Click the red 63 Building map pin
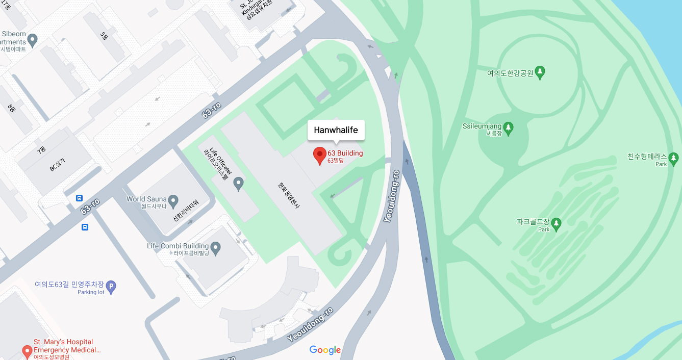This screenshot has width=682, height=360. (x=319, y=155)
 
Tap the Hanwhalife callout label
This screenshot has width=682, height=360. (x=336, y=130)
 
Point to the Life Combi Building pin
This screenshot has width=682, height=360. (x=216, y=248)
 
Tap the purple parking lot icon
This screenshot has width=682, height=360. (x=111, y=287)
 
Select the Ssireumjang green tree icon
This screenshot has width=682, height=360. (x=508, y=126)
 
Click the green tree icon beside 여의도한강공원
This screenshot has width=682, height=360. (x=540, y=72)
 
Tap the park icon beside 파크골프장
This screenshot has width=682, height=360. (x=556, y=223)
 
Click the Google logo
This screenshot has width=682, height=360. (x=325, y=350)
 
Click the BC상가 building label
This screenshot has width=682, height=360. (x=57, y=164)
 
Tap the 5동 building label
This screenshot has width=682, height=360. (x=104, y=36)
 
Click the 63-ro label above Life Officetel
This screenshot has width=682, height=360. (x=211, y=111)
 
